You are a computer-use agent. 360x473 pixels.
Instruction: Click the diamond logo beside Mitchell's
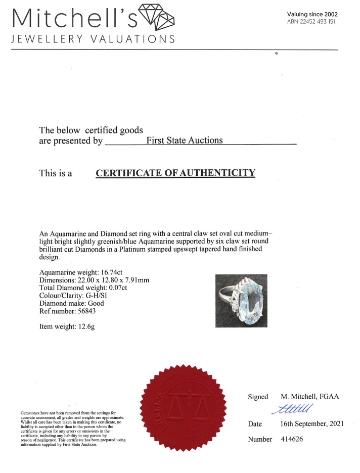156,16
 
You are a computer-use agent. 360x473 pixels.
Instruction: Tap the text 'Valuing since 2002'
312,14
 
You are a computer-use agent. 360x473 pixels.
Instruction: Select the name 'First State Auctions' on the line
184,140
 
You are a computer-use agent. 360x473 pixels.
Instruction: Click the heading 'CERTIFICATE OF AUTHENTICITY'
175,173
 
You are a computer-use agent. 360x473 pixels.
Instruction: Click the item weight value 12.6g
84,326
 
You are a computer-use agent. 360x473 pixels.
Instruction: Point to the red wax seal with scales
185,409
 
